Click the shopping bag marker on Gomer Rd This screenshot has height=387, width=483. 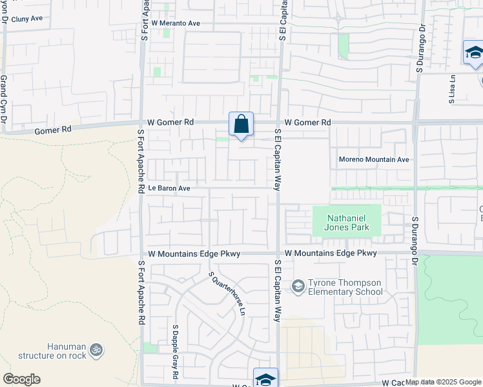click(241, 124)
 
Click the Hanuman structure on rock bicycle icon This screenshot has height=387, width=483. click(96, 350)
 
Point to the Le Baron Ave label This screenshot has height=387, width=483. click(169, 188)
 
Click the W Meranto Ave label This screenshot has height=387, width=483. click(176, 23)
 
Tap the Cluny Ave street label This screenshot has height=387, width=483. click(26, 18)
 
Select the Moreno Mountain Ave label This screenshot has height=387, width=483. click(375, 159)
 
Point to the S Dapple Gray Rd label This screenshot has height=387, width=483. click(175, 352)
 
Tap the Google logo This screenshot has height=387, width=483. click(21, 379)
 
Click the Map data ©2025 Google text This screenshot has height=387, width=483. click(443, 382)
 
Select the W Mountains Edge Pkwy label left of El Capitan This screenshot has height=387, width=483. click(194, 254)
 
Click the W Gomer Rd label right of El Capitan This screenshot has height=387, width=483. click(307, 122)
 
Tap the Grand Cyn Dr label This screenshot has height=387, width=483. click(4, 102)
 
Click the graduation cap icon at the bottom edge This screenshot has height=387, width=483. click(265, 379)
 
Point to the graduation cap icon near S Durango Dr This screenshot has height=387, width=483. click(473, 52)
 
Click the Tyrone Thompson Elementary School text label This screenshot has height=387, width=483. click(345, 287)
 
